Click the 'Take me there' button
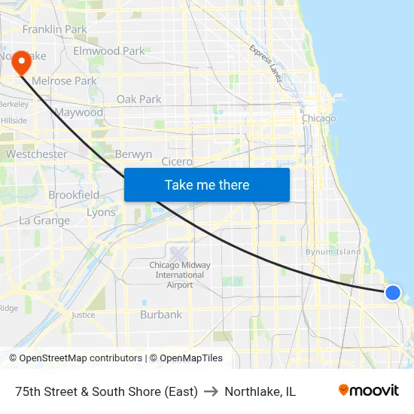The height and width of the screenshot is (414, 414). (207, 184)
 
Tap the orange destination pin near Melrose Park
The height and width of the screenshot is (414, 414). (22, 61)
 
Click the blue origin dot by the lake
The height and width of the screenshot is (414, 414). (393, 293)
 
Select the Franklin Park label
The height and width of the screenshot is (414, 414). (54, 29)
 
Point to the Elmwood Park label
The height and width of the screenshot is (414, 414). (108, 51)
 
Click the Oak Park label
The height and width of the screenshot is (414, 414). (139, 99)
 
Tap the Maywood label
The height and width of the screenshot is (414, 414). (78, 112)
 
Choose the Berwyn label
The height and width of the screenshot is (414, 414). (134, 154)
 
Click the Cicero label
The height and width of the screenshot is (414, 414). (177, 161)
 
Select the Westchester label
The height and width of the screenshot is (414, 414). (36, 154)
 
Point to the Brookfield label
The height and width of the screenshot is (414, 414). (74, 195)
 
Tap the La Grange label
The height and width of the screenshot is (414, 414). (44, 221)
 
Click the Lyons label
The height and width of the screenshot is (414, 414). (101, 212)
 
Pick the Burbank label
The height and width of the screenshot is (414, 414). (161, 315)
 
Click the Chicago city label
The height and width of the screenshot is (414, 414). (318, 118)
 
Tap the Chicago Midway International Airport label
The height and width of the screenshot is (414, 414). (180, 275)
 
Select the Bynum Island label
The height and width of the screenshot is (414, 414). (333, 251)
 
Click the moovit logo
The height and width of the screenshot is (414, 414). (368, 391)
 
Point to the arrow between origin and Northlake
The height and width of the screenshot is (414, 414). (211, 391)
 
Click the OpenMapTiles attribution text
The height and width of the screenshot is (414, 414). (186, 358)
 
